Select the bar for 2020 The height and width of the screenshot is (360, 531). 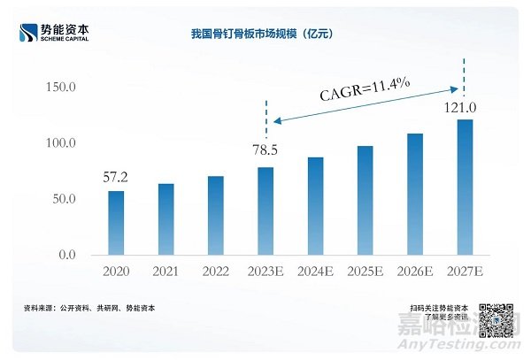coord(116,223)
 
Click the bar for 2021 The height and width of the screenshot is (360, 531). coord(165,219)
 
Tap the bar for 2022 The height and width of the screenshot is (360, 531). coord(215,216)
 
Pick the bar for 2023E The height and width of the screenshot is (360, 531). coord(265,211)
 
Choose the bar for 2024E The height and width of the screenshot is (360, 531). coord(315,206)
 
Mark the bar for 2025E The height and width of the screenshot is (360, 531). coord(365,201)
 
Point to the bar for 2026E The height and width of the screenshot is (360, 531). coord(415,195)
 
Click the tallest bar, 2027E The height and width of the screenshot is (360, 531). coord(465,188)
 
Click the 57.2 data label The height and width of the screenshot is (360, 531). coord(115,178)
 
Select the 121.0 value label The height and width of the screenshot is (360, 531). coord(461,108)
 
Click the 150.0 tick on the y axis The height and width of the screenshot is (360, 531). coord(60,87)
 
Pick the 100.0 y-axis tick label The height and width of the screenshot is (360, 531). coord(60,142)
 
